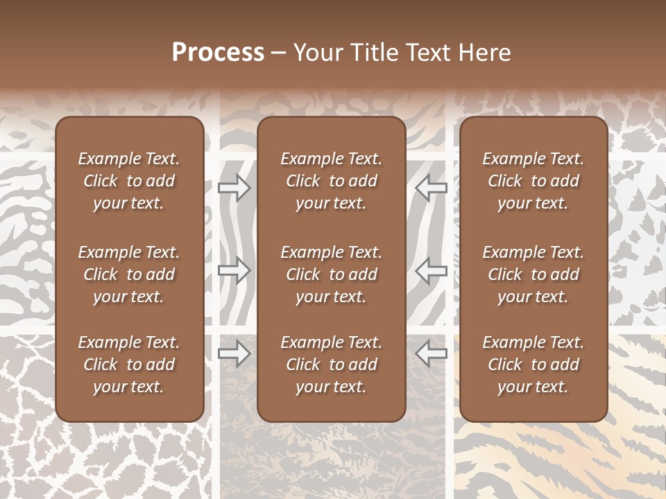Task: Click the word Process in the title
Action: coord(218,53)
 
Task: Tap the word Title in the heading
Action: coord(376,53)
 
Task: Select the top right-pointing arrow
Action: coord(234,188)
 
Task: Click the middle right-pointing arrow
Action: coord(234,270)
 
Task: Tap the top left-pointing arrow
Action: coord(431,188)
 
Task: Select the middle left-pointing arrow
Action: coord(431,270)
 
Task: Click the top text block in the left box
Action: coord(129,181)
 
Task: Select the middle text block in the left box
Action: coord(129,274)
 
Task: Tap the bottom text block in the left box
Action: coord(129,365)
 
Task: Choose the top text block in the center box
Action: coord(331,181)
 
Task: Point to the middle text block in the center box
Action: coord(331,274)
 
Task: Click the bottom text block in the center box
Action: coord(331,365)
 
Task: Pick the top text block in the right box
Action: coord(533,181)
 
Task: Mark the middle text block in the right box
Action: coord(533,274)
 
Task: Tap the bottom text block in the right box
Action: coord(533,365)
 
